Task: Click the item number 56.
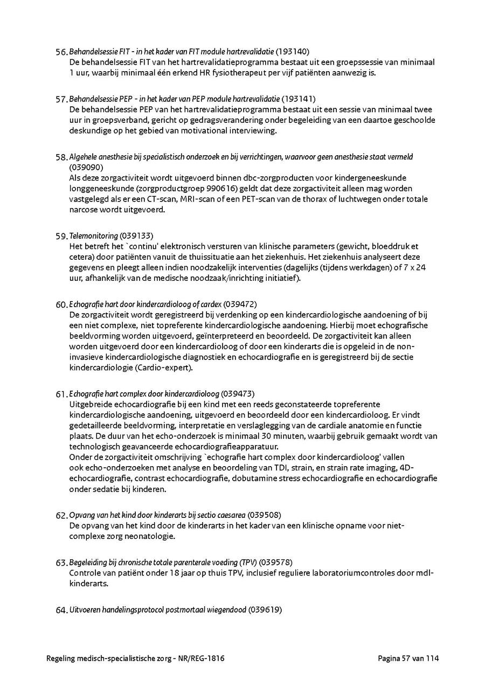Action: pos(61,52)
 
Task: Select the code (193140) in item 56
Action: pos(293,52)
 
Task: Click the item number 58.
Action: pos(61,157)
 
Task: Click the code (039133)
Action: pos(136,235)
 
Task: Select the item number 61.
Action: pos(61,394)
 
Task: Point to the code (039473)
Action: pos(238,393)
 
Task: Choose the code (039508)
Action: pos(265,515)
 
